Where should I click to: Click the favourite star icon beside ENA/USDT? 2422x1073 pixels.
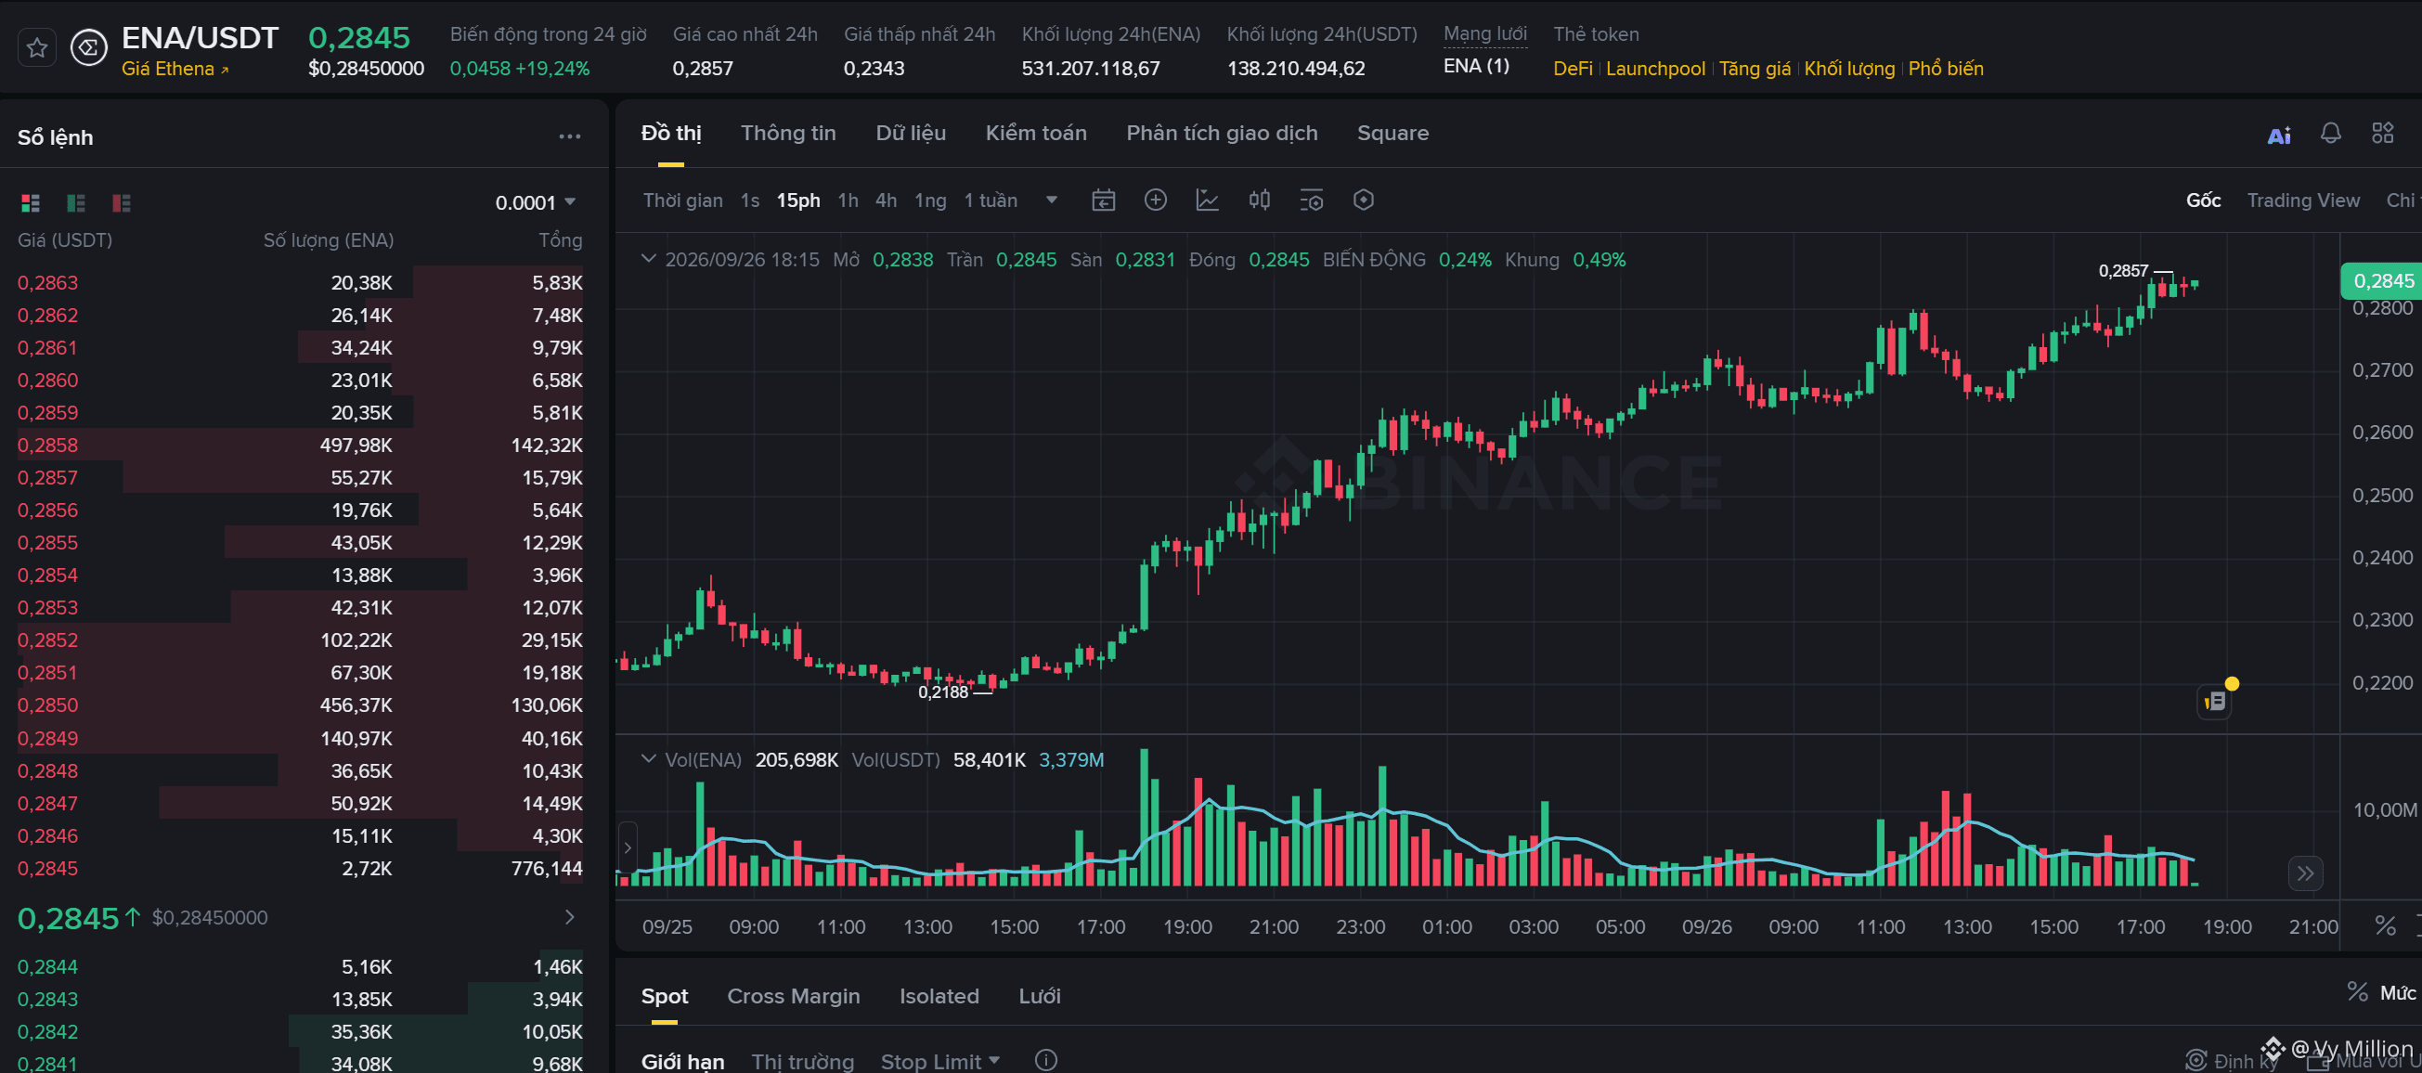pos(36,48)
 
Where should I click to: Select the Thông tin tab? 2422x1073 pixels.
pos(788,134)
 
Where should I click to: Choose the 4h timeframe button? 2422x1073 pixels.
pos(886,200)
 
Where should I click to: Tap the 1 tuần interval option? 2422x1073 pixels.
pos(990,200)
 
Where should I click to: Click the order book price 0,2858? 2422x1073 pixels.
pos(48,445)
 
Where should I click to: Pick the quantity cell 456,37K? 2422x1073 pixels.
pos(356,705)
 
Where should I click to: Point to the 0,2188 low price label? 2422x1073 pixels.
pos(943,692)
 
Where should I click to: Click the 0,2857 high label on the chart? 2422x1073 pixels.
pos(2123,271)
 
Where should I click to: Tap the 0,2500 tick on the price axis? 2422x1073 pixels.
pos(2381,496)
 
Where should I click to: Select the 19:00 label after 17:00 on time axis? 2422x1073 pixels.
pos(2226,927)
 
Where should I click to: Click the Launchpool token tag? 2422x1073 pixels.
pos(1655,69)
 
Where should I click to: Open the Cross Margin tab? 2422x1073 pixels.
pos(793,996)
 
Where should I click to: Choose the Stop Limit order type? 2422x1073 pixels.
pos(939,1061)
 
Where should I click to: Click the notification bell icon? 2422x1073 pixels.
pos(2330,134)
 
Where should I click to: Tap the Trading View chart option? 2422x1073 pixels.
pos(2302,200)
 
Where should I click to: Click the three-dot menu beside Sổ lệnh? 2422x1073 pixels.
pos(570,137)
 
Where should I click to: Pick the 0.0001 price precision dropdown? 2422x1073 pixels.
pos(535,203)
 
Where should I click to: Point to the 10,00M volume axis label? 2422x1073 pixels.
pos(2383,810)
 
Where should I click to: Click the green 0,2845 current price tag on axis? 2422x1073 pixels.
pos(2380,281)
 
